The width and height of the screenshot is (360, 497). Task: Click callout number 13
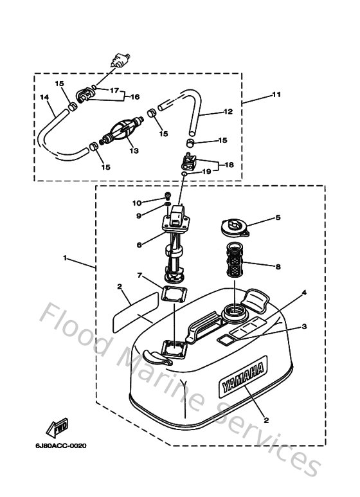[134, 151]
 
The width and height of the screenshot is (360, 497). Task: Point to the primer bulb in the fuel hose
[120, 134]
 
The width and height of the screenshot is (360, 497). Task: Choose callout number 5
[278, 217]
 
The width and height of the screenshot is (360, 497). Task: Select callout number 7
[139, 275]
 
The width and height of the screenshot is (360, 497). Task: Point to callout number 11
[276, 95]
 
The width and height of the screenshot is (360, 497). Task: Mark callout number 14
[44, 98]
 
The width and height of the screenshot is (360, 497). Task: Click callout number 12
[227, 112]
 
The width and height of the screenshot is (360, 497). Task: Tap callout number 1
[65, 258]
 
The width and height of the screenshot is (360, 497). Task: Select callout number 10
[137, 203]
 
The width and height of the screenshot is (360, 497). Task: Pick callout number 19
[206, 172]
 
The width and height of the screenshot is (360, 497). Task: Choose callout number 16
[135, 96]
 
